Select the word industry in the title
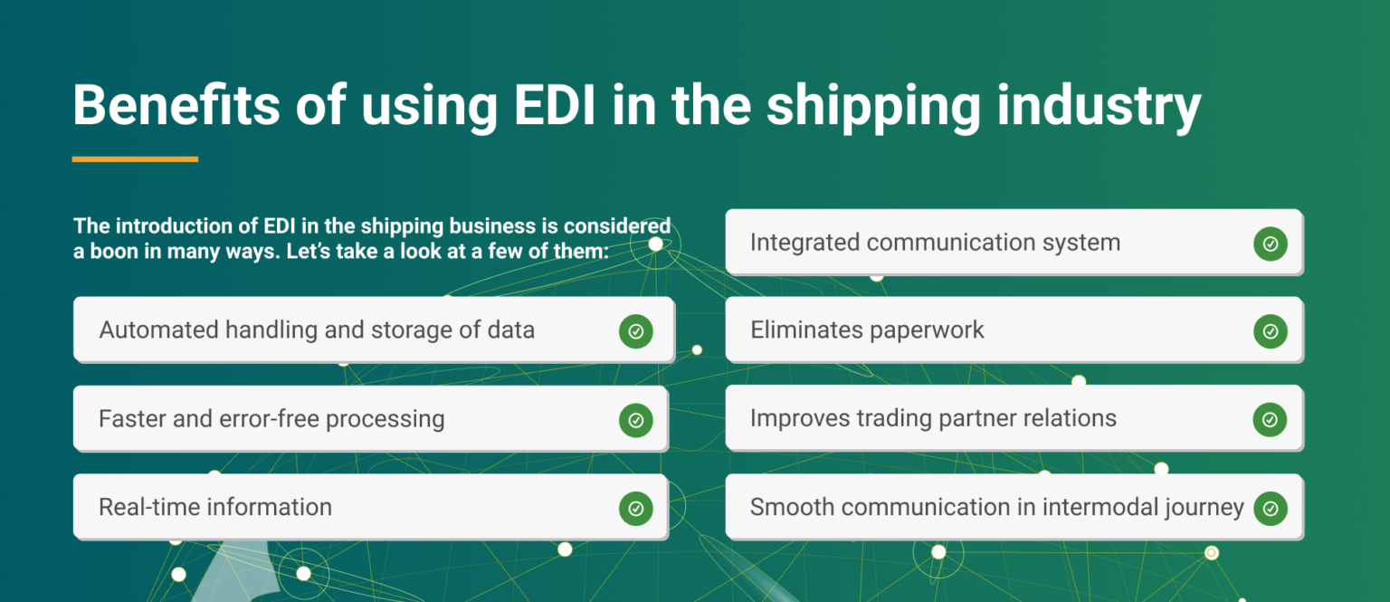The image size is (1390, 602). click(1099, 109)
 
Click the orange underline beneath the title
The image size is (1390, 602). click(135, 159)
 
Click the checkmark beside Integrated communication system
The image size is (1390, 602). click(1271, 244)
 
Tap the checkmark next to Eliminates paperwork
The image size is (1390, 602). click(1271, 331)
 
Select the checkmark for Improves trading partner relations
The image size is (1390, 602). click(1271, 420)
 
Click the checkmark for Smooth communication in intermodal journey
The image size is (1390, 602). click(1271, 509)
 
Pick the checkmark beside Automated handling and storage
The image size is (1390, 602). click(636, 331)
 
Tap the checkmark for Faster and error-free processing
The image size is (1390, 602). click(636, 420)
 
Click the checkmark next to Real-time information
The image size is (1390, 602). click(636, 509)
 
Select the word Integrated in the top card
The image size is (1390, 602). click(804, 243)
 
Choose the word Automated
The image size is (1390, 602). click(159, 330)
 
